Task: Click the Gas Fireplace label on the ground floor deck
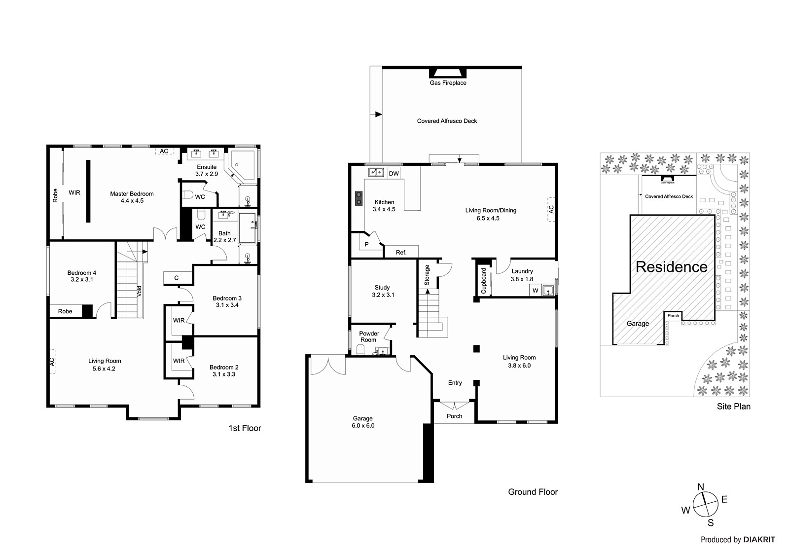pyautogui.click(x=448, y=83)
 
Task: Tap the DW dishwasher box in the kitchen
pyautogui.click(x=394, y=174)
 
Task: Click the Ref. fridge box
pyautogui.click(x=401, y=252)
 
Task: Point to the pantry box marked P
pyautogui.click(x=366, y=244)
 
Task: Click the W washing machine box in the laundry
pyautogui.click(x=535, y=291)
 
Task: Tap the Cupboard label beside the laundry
pyautogui.click(x=483, y=281)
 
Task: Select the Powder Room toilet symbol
pyautogui.click(x=361, y=350)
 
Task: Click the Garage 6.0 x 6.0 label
pyautogui.click(x=363, y=422)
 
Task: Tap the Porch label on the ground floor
pyautogui.click(x=454, y=416)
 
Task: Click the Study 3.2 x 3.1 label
pyautogui.click(x=382, y=291)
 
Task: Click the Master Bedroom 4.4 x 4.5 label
pyautogui.click(x=132, y=197)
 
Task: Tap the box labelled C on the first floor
pyautogui.click(x=177, y=278)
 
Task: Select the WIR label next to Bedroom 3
pyautogui.click(x=179, y=320)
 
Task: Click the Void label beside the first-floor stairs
pyautogui.click(x=140, y=291)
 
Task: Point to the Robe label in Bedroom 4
pyautogui.click(x=65, y=311)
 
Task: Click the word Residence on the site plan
pyautogui.click(x=671, y=267)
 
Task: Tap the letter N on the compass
pyautogui.click(x=700, y=487)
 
